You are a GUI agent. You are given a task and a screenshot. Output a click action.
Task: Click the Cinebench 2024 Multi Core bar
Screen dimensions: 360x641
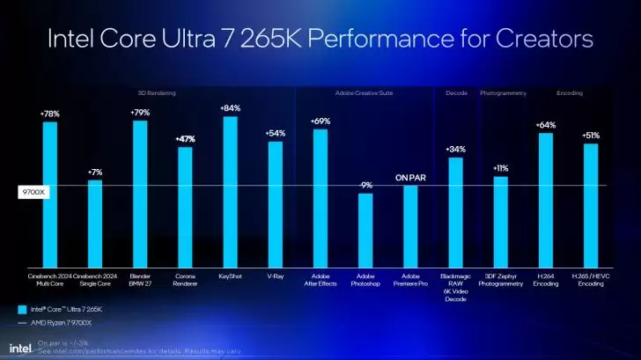49,194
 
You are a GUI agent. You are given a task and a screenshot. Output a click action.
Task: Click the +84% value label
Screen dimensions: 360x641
230,107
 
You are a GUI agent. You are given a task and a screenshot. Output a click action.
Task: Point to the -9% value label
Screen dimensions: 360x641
365,185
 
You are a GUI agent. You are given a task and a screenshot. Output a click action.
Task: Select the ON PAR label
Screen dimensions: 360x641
410,177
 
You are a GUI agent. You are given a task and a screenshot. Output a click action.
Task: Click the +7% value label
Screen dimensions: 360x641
95,172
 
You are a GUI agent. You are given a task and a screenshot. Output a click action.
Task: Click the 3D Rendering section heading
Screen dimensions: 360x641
156,92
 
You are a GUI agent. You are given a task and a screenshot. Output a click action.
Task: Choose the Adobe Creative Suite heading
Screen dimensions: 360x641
364,92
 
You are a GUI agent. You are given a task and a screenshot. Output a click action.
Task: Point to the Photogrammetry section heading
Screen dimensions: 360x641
503,92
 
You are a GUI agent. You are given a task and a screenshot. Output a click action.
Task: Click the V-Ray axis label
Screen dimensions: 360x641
275,276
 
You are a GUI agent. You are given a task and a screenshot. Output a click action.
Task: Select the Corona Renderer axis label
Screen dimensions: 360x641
185,280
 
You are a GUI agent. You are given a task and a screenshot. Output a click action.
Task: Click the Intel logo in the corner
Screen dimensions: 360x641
18,347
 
